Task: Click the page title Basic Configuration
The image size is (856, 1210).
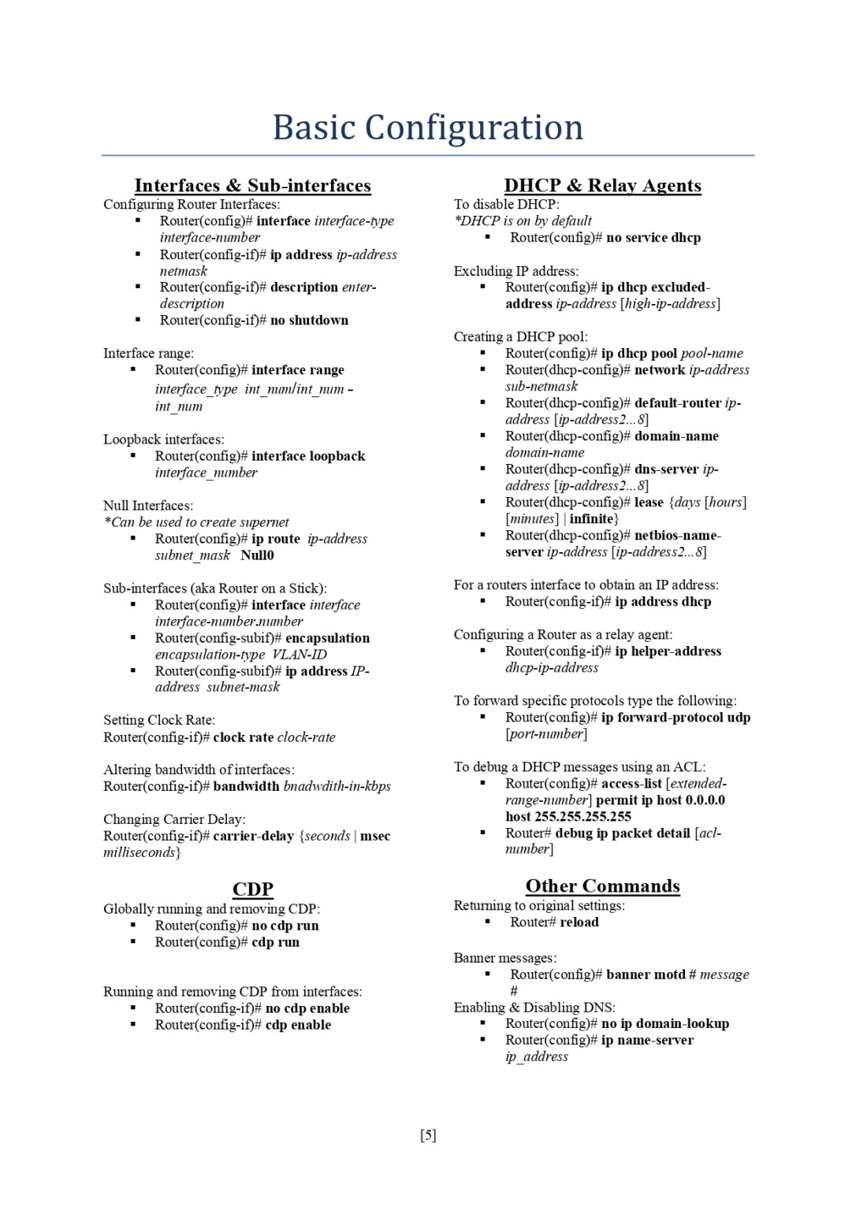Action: [x=427, y=128]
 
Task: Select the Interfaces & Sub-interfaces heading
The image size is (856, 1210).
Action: [x=252, y=186]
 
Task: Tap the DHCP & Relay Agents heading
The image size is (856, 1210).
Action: [x=602, y=186]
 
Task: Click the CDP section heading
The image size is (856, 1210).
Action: [x=252, y=889]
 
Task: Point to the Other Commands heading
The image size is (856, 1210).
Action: [x=602, y=886]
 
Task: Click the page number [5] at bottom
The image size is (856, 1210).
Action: [x=428, y=1135]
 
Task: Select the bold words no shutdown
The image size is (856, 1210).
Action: [x=309, y=320]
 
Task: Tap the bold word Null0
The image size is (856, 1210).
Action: [x=257, y=555]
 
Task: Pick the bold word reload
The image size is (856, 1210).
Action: [x=579, y=922]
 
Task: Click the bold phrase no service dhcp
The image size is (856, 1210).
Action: [x=653, y=238]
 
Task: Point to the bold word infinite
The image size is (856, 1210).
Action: [x=591, y=519]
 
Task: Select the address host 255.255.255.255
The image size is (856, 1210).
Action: [x=568, y=817]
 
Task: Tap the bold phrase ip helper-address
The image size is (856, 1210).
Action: [x=668, y=651]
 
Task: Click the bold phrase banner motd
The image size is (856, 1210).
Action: [x=646, y=974]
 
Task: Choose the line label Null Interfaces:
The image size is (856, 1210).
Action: [x=148, y=506]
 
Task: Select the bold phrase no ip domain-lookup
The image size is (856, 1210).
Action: [x=665, y=1024]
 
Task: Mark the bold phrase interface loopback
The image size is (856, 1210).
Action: [x=308, y=456]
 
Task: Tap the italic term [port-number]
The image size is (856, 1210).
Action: [x=546, y=734]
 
